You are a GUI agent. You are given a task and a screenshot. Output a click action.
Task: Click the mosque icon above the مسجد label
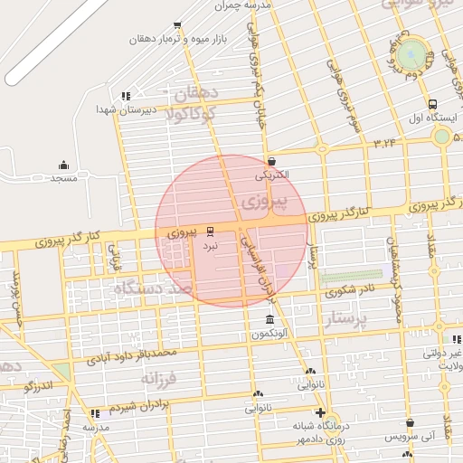point(63,165)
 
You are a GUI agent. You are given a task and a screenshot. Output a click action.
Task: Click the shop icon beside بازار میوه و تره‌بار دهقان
point(176,25)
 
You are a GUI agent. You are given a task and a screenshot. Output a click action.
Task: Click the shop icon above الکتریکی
point(271,160)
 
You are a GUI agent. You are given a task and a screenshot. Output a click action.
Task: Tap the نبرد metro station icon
point(210,231)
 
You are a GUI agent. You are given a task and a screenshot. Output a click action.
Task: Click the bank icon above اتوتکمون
point(270,320)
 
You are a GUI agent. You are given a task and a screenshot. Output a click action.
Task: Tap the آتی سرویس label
point(411,437)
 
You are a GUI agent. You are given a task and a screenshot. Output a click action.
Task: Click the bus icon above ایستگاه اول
point(432,104)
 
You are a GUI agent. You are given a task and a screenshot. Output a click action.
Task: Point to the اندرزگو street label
point(43,388)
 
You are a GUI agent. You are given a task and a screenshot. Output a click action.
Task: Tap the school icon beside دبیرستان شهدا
point(126,95)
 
